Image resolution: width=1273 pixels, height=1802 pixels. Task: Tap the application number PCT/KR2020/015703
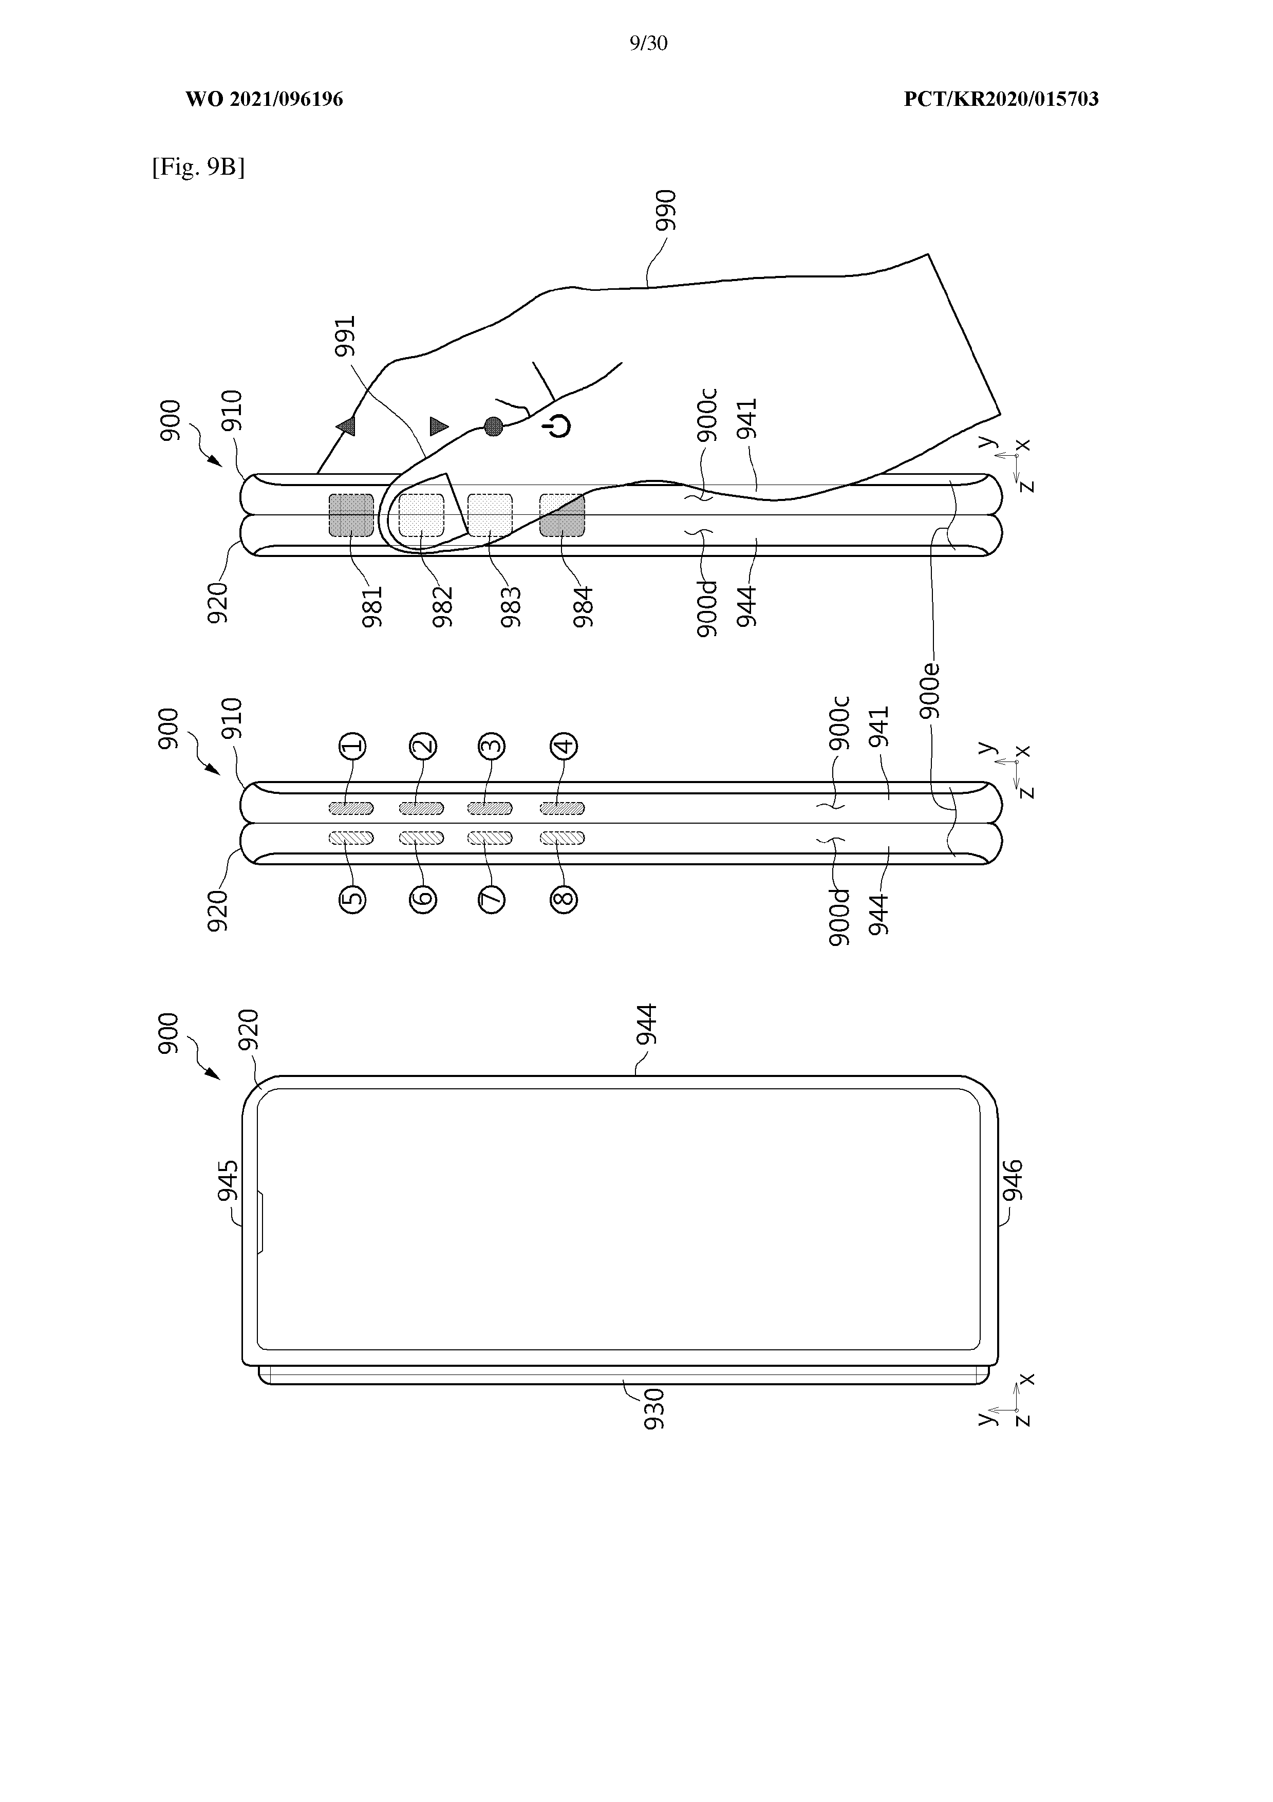point(1001,99)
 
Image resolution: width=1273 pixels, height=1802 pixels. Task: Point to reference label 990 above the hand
point(666,210)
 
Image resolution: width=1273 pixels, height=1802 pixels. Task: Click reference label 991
point(345,336)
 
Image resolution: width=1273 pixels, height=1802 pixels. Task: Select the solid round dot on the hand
point(493,426)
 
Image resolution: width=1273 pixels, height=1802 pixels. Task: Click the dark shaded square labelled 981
point(351,516)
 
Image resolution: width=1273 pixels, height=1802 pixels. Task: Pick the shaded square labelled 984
point(562,516)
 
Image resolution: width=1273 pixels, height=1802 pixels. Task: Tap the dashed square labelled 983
point(490,516)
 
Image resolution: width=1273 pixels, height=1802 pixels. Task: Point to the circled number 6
point(423,899)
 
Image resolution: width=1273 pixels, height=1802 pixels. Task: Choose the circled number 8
point(564,899)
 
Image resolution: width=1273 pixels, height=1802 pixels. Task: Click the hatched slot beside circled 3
point(490,808)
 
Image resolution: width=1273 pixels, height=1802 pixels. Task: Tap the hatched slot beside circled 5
point(351,838)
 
